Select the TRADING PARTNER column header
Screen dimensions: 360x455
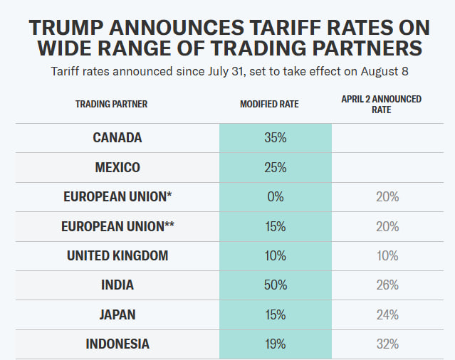(112, 104)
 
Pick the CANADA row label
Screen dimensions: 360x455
(117, 138)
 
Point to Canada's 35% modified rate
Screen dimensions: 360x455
(275, 138)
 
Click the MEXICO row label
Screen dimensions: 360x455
(117, 168)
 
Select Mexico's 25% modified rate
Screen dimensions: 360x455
(275, 168)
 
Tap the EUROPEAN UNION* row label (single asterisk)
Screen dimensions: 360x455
(117, 197)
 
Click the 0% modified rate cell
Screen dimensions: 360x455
(275, 197)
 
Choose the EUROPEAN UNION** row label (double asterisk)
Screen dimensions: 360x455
(117, 227)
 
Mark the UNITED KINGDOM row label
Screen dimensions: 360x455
(117, 256)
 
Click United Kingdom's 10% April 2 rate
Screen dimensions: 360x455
(387, 256)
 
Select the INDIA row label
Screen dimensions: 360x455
(117, 285)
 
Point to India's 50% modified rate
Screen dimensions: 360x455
(275, 285)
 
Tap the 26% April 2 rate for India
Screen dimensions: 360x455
(387, 285)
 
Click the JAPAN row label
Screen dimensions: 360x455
(117, 314)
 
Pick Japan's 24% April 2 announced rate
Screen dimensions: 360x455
(387, 314)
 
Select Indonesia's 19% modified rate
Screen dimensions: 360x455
(275, 344)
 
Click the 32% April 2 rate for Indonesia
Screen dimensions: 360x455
(387, 344)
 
